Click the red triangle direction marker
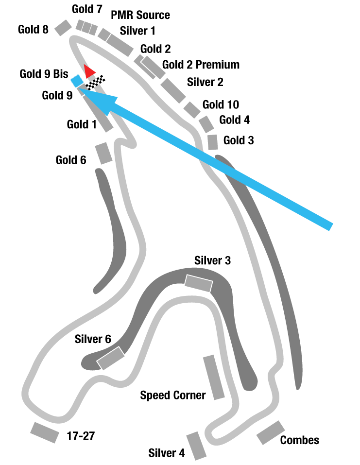(89, 71)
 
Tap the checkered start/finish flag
(95, 83)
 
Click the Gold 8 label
(34, 29)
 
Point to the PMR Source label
(140, 15)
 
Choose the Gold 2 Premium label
(201, 65)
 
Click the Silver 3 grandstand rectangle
(199, 283)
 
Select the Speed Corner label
(173, 395)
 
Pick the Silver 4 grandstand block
(197, 446)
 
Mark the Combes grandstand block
(271, 432)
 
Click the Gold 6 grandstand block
(103, 154)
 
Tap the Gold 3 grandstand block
(212, 142)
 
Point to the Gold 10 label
(221, 104)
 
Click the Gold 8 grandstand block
(63, 28)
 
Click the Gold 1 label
(82, 124)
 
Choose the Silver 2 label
(205, 82)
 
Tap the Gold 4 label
(234, 120)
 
